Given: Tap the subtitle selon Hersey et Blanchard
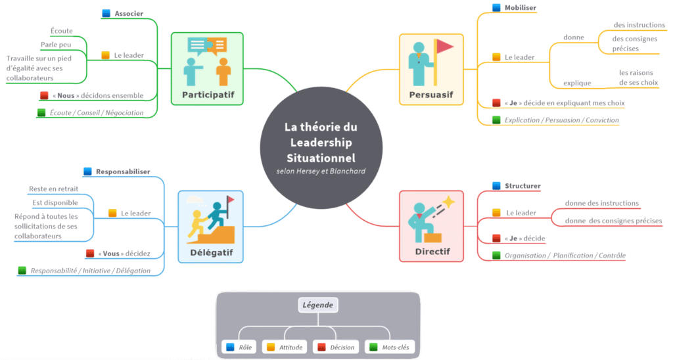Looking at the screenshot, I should (x=321, y=171).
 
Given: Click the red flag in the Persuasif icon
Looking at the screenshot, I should (x=445, y=47).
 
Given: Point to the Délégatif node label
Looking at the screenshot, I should (x=210, y=252).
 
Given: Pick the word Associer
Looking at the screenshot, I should (x=128, y=13).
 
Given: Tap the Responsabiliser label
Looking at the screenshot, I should (x=123, y=171).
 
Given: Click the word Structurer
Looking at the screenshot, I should (x=522, y=185).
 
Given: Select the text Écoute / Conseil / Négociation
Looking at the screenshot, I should (x=97, y=112).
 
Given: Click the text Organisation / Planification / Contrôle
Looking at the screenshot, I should (x=565, y=255).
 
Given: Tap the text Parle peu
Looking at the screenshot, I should (x=57, y=45).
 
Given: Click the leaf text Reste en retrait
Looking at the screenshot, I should (x=53, y=189).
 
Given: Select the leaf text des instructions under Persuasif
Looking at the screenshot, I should (x=639, y=25).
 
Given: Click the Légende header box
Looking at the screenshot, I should (x=317, y=305).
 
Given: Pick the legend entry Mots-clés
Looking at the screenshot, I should (x=397, y=347).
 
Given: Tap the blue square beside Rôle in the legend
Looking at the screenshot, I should (x=230, y=347).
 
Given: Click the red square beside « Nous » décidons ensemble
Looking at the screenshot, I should (x=44, y=95).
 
